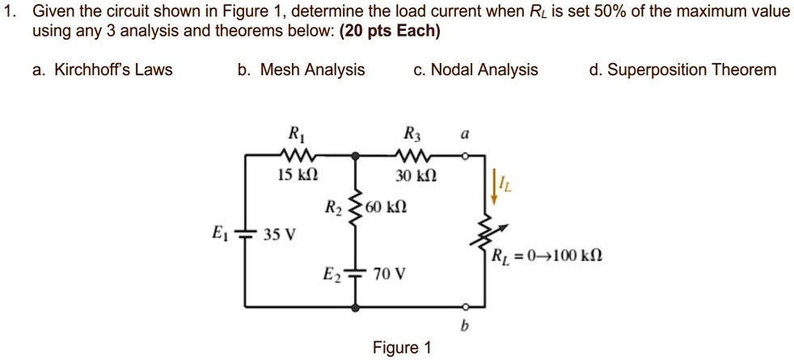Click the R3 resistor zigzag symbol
tap(413, 153)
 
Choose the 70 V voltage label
tap(389, 274)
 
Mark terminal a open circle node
tap(464, 153)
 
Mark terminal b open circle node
tap(464, 307)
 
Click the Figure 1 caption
tap(402, 348)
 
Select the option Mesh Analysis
tap(301, 70)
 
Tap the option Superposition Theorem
tap(682, 70)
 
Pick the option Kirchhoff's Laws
tap(103, 70)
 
